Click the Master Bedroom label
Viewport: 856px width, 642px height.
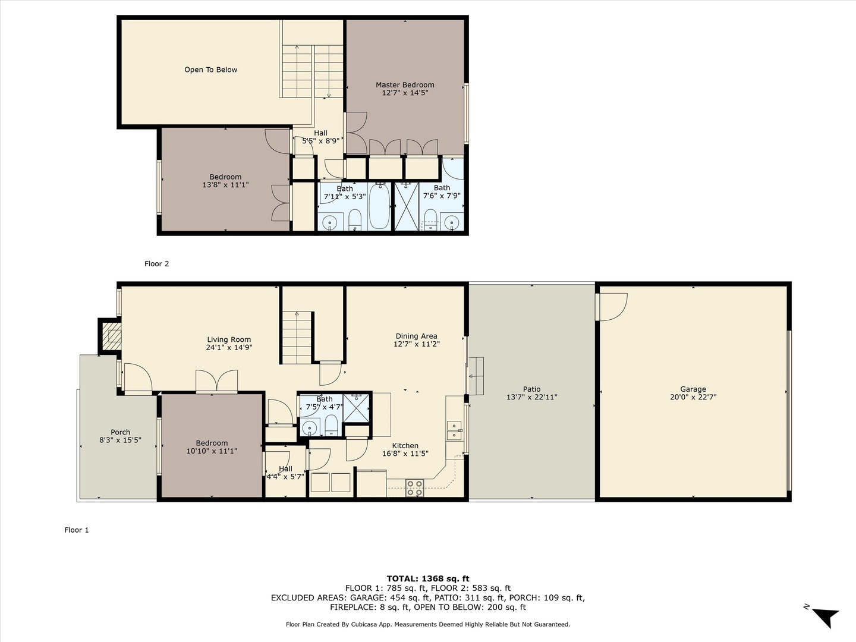(x=405, y=84)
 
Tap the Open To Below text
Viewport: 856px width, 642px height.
(x=210, y=70)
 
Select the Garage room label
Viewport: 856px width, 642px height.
(x=693, y=389)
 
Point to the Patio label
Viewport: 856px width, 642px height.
(x=531, y=389)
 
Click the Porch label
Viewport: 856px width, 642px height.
(x=120, y=432)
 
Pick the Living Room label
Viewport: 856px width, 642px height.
(x=229, y=339)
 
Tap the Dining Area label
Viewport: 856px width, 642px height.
(x=417, y=336)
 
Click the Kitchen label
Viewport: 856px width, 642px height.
(x=405, y=446)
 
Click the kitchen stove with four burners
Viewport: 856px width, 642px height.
(x=414, y=488)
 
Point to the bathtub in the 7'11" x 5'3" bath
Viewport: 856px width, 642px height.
(x=379, y=206)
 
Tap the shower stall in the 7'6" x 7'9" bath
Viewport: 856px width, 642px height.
(x=407, y=206)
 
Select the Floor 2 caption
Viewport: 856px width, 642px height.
(x=157, y=264)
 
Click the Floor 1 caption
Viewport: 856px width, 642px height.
(x=77, y=530)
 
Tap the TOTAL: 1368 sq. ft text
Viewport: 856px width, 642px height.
(x=428, y=579)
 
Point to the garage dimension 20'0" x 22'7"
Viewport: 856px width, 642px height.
(x=693, y=397)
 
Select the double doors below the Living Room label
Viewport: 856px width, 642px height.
(x=217, y=381)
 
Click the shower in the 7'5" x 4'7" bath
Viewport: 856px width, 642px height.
(x=356, y=408)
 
